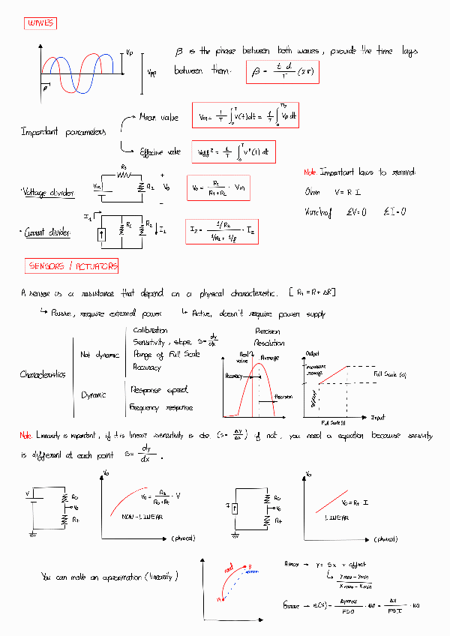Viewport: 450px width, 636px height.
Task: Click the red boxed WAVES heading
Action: [x=40, y=24]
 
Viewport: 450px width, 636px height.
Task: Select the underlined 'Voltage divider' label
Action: [x=48, y=193]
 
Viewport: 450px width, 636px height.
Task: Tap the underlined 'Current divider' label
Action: [x=47, y=233]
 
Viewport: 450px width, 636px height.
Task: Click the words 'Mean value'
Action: [x=159, y=118]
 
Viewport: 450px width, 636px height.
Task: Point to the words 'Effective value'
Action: [x=160, y=152]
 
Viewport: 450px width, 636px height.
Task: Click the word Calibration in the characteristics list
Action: [x=150, y=330]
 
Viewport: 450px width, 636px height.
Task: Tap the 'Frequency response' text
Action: [x=160, y=407]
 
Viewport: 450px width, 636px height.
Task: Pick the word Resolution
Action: [x=270, y=343]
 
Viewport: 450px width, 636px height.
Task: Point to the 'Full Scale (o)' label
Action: [x=390, y=373]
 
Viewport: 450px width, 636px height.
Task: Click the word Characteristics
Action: [x=42, y=374]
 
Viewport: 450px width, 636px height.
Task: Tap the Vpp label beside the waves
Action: [x=152, y=73]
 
